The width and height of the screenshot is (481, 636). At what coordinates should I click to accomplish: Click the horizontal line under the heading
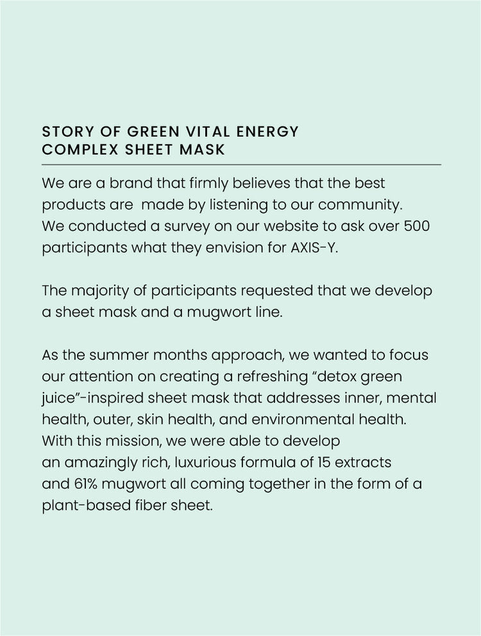241,165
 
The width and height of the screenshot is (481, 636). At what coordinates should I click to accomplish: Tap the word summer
113,355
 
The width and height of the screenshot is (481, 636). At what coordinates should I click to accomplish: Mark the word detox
325,376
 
